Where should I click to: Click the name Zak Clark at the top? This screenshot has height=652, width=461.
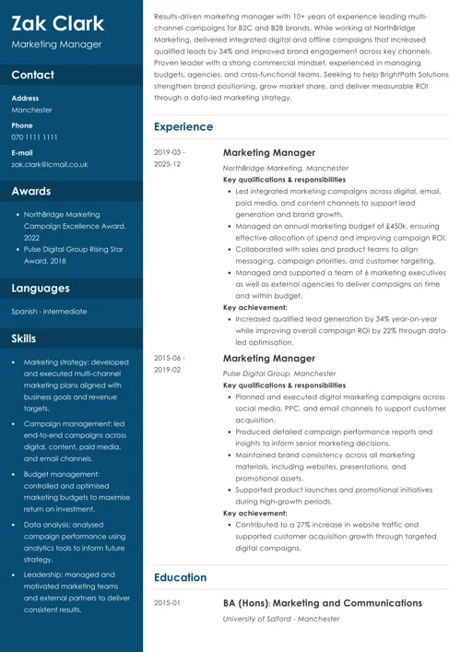click(x=57, y=23)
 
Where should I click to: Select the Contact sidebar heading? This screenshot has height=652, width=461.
click(x=33, y=75)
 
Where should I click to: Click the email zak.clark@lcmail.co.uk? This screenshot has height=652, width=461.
click(x=50, y=164)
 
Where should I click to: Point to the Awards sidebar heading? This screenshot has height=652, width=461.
click(x=31, y=192)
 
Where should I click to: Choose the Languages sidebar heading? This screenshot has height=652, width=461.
click(x=41, y=288)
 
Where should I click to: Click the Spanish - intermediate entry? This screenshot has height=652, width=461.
click(x=49, y=312)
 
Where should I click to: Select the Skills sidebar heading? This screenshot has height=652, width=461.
click(x=24, y=338)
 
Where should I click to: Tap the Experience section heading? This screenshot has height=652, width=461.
click(x=183, y=127)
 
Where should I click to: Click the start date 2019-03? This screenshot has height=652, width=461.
click(x=169, y=152)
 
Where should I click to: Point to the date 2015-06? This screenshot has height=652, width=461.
click(x=169, y=358)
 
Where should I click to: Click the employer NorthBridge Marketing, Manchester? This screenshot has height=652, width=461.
click(x=286, y=169)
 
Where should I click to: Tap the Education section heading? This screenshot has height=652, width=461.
click(x=180, y=577)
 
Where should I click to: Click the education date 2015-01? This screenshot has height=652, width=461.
click(x=167, y=603)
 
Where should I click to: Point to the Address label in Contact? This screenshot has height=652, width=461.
click(x=25, y=98)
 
